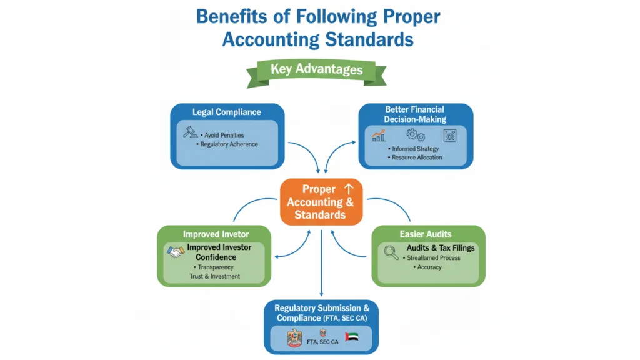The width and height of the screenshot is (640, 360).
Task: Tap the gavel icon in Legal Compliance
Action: click(x=190, y=132)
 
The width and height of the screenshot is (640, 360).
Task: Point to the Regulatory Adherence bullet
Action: click(x=229, y=144)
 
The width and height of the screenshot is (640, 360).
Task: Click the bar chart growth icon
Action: click(x=379, y=134)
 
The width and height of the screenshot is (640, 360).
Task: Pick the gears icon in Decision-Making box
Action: click(x=415, y=134)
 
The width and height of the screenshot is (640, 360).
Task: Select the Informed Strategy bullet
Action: click(x=415, y=149)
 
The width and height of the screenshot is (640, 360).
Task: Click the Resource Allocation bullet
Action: click(x=416, y=157)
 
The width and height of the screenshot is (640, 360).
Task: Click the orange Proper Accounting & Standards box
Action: click(x=321, y=202)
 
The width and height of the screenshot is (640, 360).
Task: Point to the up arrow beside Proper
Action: click(x=349, y=189)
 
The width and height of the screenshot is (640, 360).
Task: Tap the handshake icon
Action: click(x=176, y=252)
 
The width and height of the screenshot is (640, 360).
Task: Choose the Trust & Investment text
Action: click(x=214, y=276)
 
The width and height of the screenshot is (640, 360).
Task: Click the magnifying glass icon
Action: click(x=392, y=252)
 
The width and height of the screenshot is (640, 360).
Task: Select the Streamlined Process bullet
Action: click(x=432, y=257)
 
